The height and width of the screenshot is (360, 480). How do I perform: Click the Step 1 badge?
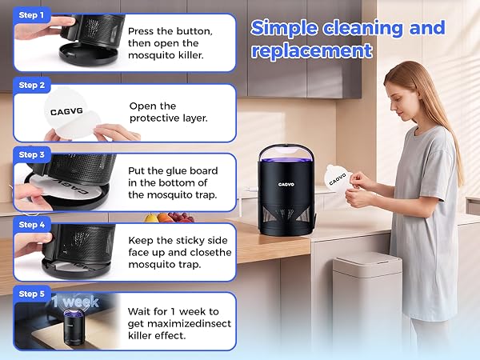point(31,15)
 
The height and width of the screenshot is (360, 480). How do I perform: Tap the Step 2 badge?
point(31,85)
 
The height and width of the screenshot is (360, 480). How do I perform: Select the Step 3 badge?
point(31,155)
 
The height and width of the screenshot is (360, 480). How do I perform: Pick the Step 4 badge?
point(31,225)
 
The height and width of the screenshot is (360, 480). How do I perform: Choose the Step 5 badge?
point(31,294)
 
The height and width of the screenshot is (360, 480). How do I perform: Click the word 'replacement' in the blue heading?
point(312,51)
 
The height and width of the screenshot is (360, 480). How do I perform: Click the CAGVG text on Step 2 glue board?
point(66,111)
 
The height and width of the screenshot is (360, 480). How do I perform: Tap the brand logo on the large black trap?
point(286,184)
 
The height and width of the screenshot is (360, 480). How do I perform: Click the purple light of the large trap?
point(286,160)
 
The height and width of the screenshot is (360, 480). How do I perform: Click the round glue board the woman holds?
point(338,179)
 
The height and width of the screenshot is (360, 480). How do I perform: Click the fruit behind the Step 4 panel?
point(169,218)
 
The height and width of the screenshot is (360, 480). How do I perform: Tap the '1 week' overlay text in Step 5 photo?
point(75,302)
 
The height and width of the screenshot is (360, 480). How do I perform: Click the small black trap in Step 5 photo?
point(74,326)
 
